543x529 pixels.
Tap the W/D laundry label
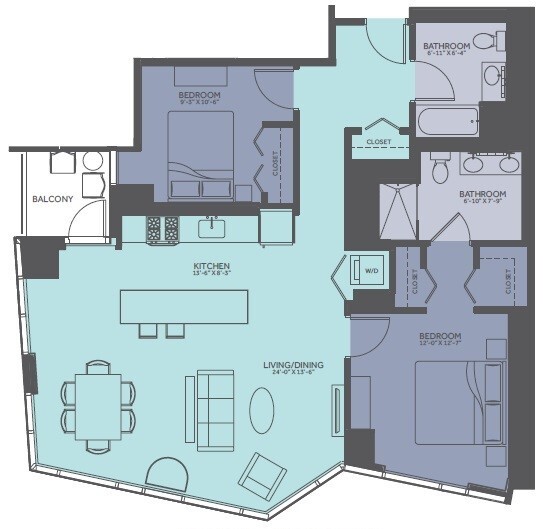pyautogui.click(x=370, y=270)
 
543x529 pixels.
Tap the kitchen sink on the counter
pyautogui.click(x=212, y=228)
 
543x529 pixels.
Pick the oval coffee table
pyautogui.click(x=262, y=410)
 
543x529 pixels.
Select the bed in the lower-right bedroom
pyautogui.click(x=458, y=400)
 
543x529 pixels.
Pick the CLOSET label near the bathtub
pyautogui.click(x=378, y=142)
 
